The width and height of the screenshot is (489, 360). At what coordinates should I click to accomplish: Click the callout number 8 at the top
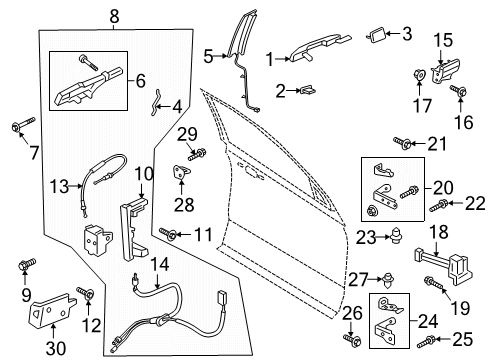pos(113,15)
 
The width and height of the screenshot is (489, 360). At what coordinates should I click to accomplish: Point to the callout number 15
pos(442,39)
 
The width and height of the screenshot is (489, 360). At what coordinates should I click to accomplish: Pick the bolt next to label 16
pos(457,93)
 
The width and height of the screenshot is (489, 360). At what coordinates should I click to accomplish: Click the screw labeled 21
pos(400,142)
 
